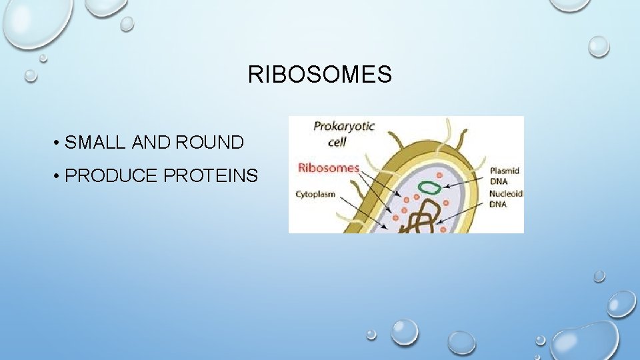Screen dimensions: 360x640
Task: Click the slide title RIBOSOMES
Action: click(x=319, y=75)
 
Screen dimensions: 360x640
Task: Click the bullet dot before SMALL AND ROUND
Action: click(x=59, y=143)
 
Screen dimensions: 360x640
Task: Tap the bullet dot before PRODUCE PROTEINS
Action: click(x=59, y=176)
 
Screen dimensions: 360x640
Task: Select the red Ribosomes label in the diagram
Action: click(x=328, y=168)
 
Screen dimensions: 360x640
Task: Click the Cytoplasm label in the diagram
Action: click(x=315, y=195)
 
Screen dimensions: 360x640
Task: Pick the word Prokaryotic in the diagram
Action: click(x=344, y=126)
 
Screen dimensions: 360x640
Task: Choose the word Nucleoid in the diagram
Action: click(x=506, y=193)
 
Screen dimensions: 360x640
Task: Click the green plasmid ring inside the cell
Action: click(x=430, y=187)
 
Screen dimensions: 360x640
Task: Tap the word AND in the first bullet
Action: click(x=153, y=142)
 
